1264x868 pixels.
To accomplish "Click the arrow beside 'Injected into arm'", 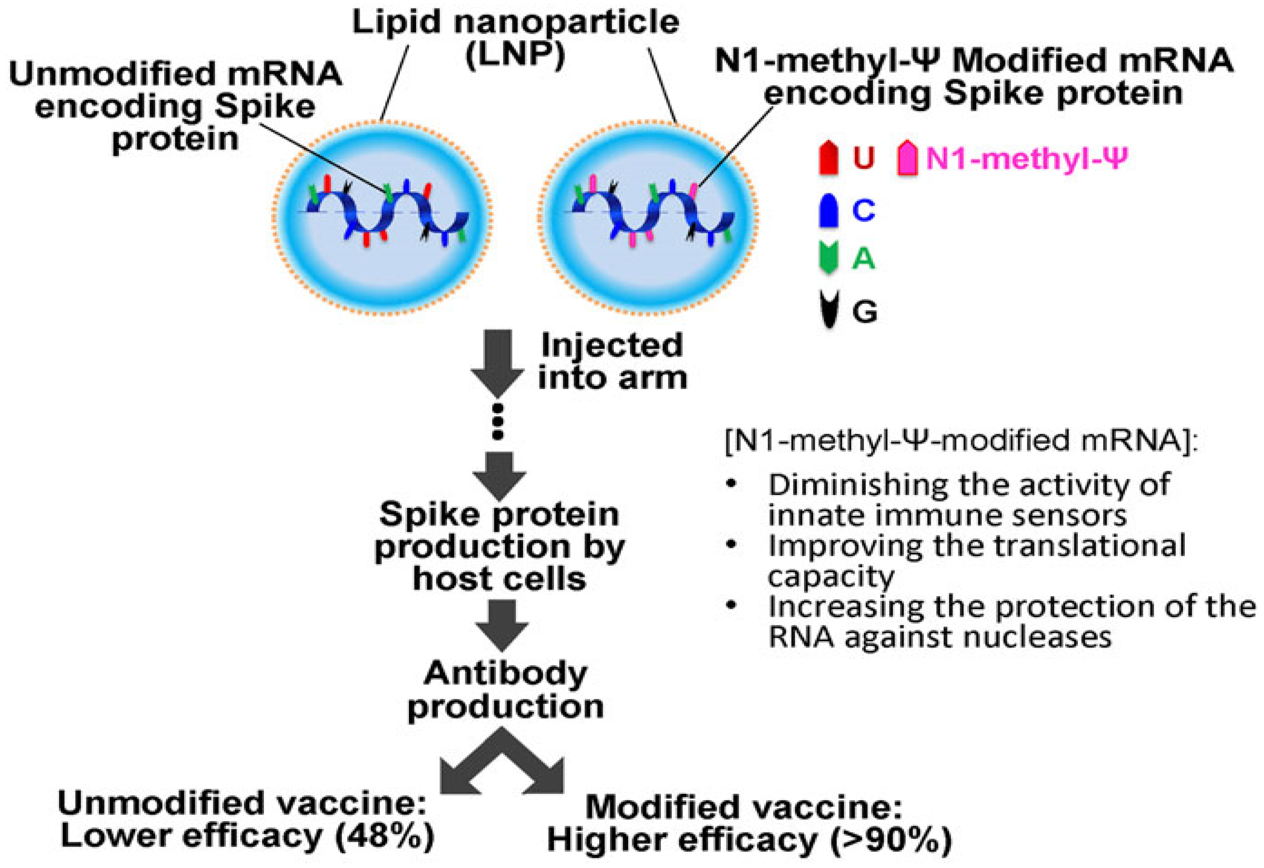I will click(498, 362).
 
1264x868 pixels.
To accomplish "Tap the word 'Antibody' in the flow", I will click(506, 674).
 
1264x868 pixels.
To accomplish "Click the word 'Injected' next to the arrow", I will click(612, 345).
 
